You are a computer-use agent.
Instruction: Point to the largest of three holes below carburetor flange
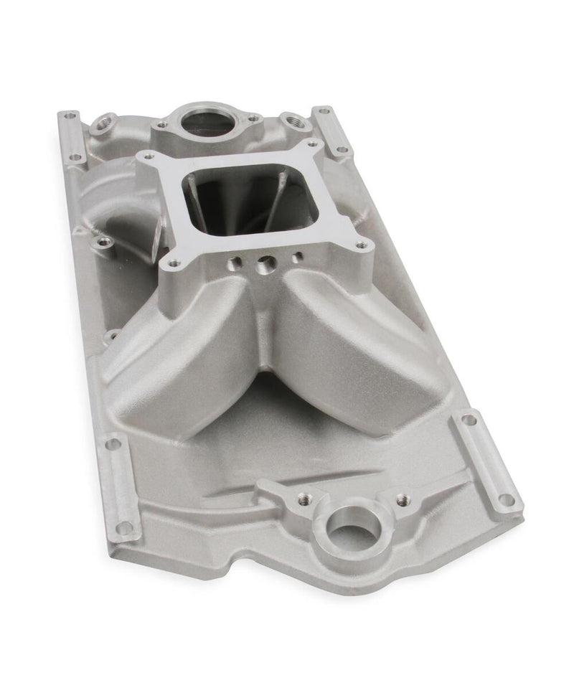pyautogui.click(x=264, y=265)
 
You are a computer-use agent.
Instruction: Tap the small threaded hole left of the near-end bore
pyautogui.click(x=301, y=496)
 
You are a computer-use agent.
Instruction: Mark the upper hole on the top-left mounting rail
pyautogui.click(x=70, y=114)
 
